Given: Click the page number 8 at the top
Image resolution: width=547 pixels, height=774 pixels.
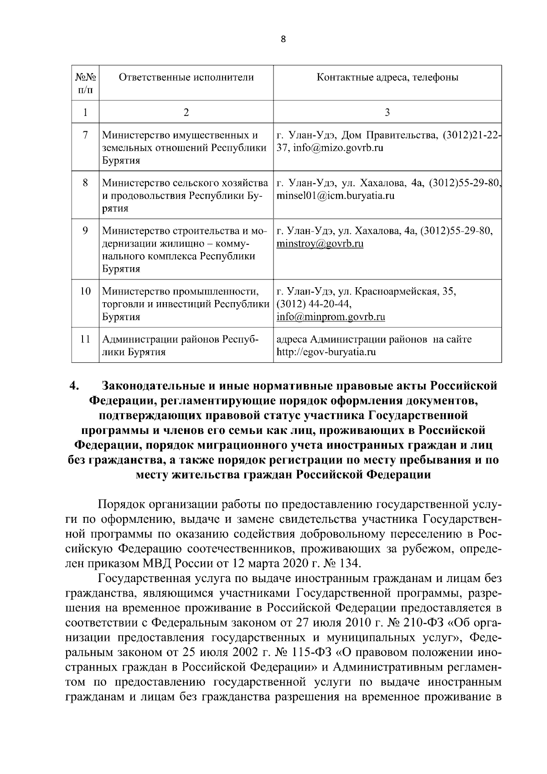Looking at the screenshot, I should point(283,40).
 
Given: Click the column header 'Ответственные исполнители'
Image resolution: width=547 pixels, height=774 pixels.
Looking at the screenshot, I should point(186,77).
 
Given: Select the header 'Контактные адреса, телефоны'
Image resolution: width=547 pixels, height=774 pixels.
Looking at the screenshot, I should point(387,77).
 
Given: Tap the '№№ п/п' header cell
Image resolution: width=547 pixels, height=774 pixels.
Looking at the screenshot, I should point(85,82).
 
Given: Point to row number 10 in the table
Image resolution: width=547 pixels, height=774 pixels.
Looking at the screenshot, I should point(85,291).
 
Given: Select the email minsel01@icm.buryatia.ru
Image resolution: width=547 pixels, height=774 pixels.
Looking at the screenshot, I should point(335,196).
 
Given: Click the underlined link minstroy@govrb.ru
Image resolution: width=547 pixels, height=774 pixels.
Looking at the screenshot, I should point(320,243).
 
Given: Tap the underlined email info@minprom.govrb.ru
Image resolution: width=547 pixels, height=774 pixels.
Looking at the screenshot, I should point(331,316).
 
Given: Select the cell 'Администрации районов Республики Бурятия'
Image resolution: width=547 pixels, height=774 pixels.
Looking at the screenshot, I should point(180,346).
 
